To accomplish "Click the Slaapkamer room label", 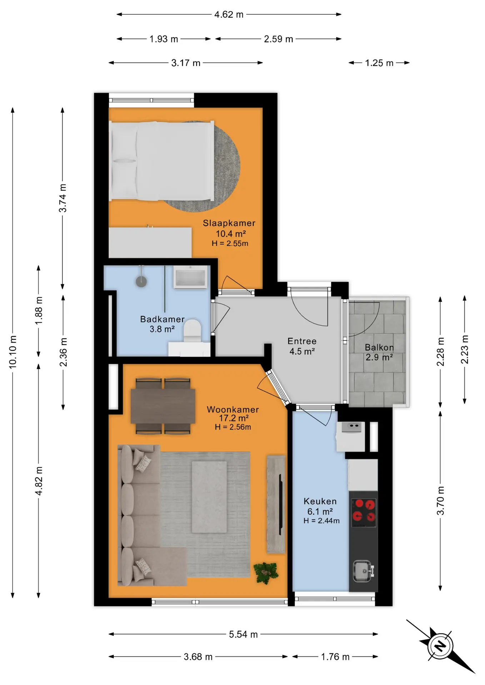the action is click(229, 223).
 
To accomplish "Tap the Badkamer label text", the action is click(162, 319).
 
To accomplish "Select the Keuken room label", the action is click(320, 501).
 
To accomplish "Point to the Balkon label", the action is click(379, 347).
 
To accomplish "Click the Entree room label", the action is click(302, 341).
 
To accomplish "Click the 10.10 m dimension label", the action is click(13, 352).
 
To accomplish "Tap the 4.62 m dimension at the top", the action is click(229, 15).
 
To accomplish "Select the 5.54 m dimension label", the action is click(243, 634).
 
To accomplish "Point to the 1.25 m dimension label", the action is click(379, 63).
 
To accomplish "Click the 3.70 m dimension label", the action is click(441, 501).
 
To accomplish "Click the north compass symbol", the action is click(441, 646).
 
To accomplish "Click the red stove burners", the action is click(364, 512).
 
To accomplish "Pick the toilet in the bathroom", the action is click(192, 330).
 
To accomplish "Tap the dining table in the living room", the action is click(163, 406).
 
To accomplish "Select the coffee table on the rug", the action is click(209, 497).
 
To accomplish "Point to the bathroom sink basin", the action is click(190, 277).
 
